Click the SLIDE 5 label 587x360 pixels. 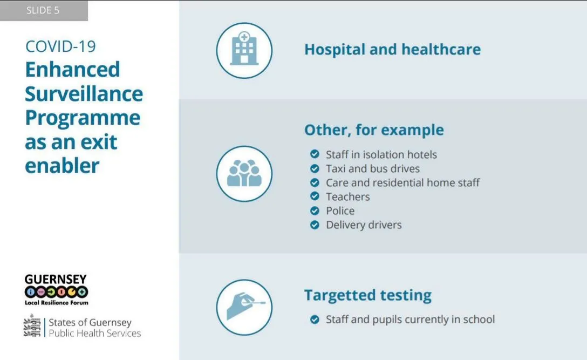click(43, 10)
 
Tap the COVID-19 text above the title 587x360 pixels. click(60, 46)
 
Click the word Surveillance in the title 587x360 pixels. click(84, 94)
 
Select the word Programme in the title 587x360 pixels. click(83, 119)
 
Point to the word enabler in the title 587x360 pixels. click(62, 166)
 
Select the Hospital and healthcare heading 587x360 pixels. click(392, 50)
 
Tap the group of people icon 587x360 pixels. click(244, 173)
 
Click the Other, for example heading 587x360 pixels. click(374, 130)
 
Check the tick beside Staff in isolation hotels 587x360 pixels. click(315, 154)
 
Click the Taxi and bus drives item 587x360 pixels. click(372, 168)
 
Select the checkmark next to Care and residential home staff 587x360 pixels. click(315, 182)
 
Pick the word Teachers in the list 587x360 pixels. click(348, 196)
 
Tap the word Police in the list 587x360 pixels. click(340, 210)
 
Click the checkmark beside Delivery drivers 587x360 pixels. click(315, 225)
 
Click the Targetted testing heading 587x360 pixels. click(367, 295)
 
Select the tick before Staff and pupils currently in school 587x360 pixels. click(315, 320)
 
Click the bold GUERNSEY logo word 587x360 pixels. click(56, 280)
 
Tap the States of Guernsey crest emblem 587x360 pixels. click(32, 325)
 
